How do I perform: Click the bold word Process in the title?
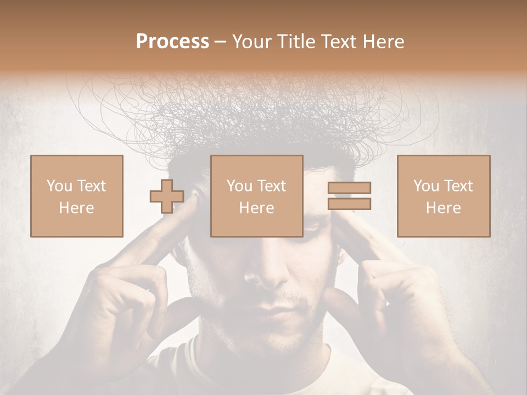coord(172,42)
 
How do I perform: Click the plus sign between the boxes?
coord(167,196)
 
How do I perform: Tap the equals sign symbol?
coord(349,196)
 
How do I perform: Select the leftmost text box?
coord(76,196)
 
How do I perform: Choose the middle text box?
coord(256,196)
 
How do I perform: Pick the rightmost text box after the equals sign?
coord(443,196)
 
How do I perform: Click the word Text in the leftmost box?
coord(91,186)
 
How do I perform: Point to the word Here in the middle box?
coord(256,207)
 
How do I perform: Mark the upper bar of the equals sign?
coord(349,188)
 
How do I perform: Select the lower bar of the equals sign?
coord(349,204)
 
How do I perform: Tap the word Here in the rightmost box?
coord(443,207)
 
